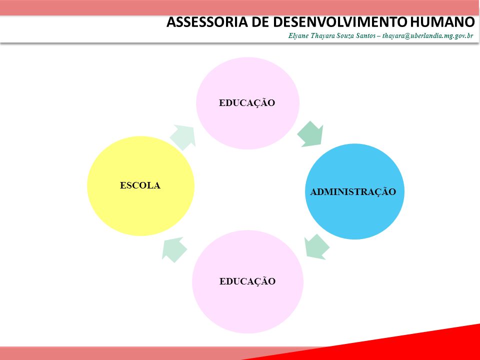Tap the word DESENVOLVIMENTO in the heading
coord(340,22)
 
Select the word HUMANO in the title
coord(441,22)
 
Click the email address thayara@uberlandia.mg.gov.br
coord(427,36)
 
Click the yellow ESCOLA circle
coord(140,186)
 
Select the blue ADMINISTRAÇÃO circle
coord(354,191)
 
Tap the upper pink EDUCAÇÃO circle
coord(247,103)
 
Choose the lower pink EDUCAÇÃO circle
coord(247,281)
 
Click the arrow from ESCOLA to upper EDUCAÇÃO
coord(183,137)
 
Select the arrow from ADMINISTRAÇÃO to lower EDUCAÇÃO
coord(316,246)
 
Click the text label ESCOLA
coord(140,185)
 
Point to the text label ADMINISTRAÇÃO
coord(353,192)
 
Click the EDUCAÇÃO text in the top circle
coord(247,103)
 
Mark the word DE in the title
coord(260,22)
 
